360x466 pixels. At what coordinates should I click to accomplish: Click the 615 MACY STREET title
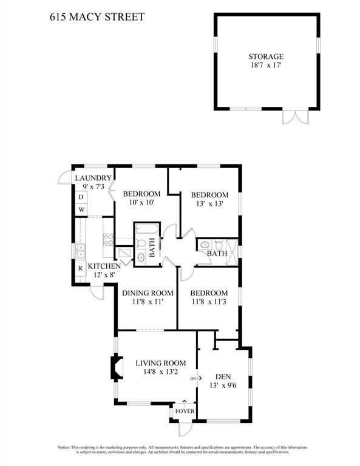click(x=97, y=17)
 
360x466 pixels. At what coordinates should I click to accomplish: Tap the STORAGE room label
click(x=266, y=56)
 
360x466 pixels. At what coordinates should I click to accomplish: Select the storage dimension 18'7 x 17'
click(x=266, y=66)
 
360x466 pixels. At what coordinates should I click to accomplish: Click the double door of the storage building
click(x=296, y=116)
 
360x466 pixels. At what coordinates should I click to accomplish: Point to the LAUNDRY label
click(x=93, y=178)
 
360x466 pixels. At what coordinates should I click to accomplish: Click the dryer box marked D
click(x=81, y=197)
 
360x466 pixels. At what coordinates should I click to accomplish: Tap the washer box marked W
click(x=81, y=209)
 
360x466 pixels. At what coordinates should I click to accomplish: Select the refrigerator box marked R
click(x=80, y=268)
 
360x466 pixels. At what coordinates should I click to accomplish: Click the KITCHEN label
click(x=104, y=266)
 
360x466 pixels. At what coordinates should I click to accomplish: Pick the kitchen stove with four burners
click(x=108, y=240)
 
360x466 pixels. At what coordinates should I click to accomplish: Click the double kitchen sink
click(x=80, y=251)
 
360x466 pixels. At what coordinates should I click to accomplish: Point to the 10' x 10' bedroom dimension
click(x=141, y=203)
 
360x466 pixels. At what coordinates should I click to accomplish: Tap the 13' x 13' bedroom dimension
click(x=209, y=204)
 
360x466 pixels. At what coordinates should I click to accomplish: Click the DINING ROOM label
click(x=148, y=293)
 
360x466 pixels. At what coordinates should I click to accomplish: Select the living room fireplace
click(x=117, y=368)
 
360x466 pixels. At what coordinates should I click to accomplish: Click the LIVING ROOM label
click(x=161, y=363)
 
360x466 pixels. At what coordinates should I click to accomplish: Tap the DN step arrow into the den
click(x=196, y=379)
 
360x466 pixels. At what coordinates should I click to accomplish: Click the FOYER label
click(x=185, y=411)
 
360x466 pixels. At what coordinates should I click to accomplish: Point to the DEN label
click(x=223, y=377)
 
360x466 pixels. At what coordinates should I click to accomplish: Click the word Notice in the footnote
click(x=63, y=447)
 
